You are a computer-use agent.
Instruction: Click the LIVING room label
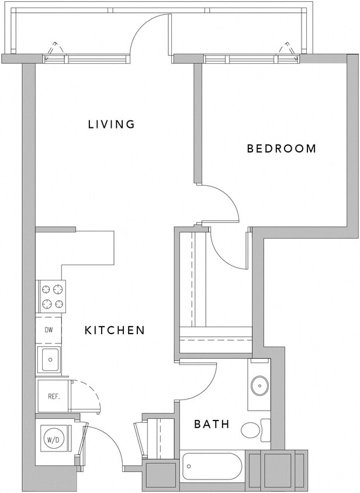point(111,124)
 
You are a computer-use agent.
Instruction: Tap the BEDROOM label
point(281,148)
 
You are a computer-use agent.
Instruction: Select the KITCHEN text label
point(115,330)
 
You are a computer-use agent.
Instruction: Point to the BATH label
point(212,424)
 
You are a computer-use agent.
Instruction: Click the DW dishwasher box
point(49,330)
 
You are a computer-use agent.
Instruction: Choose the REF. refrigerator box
point(53,396)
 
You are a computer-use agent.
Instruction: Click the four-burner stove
point(51,296)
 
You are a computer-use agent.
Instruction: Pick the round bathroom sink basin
point(259,386)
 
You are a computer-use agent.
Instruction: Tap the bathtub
point(212,466)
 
